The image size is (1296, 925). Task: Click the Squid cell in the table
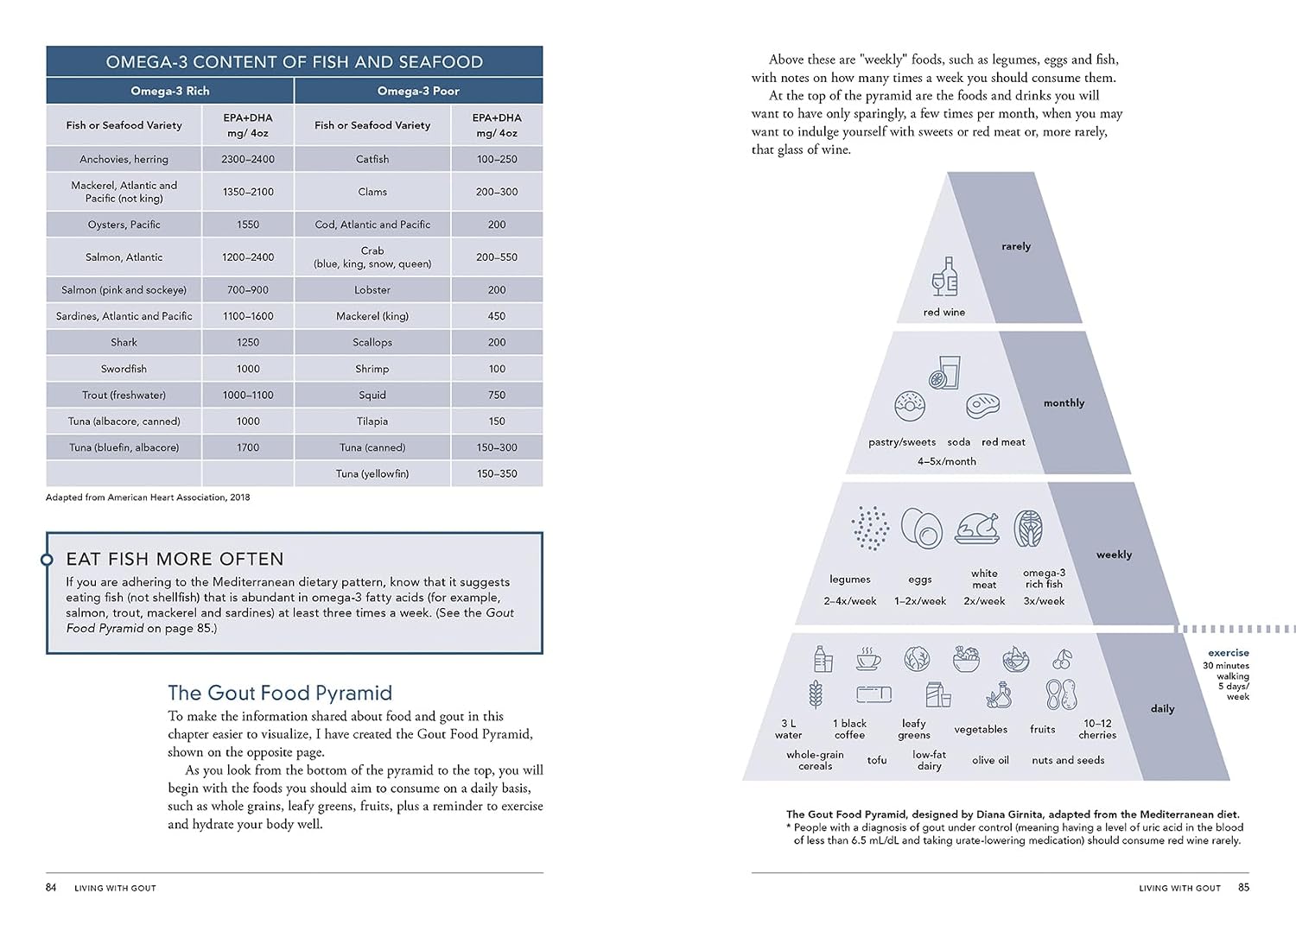tap(372, 395)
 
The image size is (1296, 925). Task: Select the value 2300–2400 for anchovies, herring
tap(248, 159)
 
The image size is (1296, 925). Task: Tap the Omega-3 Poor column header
tap(418, 91)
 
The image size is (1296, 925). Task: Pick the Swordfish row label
tap(124, 369)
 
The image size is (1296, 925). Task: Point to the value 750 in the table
tap(497, 395)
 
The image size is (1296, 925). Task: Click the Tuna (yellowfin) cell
tap(372, 474)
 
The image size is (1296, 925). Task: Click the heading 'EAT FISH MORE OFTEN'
tap(175, 559)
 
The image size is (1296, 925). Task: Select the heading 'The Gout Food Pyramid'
tap(280, 693)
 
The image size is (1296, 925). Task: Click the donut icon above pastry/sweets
tap(910, 406)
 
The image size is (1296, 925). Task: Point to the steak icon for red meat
tap(982, 406)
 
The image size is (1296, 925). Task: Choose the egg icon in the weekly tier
tap(921, 528)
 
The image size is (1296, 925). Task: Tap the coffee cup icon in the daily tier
tap(868, 659)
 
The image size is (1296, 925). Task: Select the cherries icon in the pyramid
tap(1062, 660)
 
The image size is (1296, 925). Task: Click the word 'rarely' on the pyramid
tap(1016, 246)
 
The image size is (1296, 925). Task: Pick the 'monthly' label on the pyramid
tap(1064, 403)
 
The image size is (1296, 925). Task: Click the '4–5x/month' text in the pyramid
tap(947, 461)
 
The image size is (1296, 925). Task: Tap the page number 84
tap(51, 887)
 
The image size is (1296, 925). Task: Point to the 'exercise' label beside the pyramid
tap(1228, 653)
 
